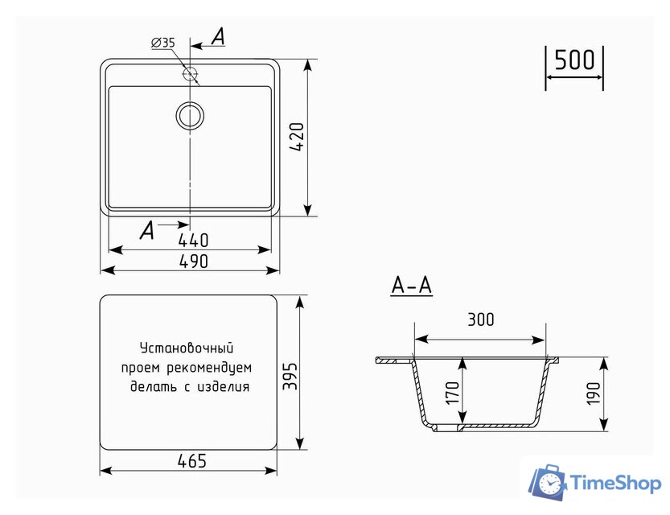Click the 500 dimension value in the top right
(574, 60)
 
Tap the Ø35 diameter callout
(162, 43)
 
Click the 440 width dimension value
(193, 240)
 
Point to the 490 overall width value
(193, 261)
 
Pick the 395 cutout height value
(290, 375)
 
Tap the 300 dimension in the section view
(480, 320)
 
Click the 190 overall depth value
(594, 395)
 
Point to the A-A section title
(411, 285)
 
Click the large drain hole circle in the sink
(191, 116)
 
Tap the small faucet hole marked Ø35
(191, 74)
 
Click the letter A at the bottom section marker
(146, 231)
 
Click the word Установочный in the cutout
(187, 348)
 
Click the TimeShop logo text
(615, 483)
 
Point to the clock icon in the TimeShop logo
(550, 484)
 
